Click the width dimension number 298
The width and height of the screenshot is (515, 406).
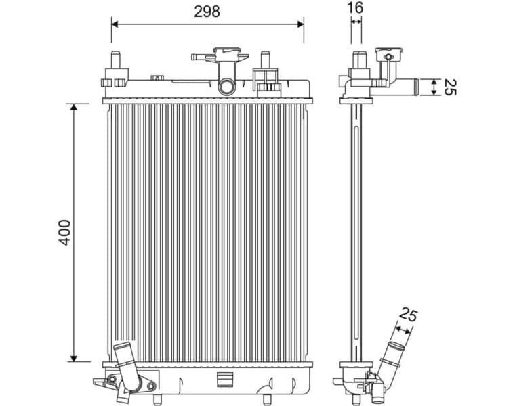[x=207, y=11]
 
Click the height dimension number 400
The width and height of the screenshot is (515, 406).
[x=64, y=232]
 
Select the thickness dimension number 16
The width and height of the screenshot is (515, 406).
[x=356, y=7]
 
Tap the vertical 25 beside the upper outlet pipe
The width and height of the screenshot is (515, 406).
[x=449, y=87]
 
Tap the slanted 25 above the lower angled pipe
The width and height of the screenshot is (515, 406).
[x=409, y=315]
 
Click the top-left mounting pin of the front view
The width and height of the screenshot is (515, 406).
[x=115, y=60]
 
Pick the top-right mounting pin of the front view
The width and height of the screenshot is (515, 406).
[x=266, y=60]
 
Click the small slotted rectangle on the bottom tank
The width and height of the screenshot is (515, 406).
[x=224, y=380]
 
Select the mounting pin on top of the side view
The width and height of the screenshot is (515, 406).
[x=356, y=59]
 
